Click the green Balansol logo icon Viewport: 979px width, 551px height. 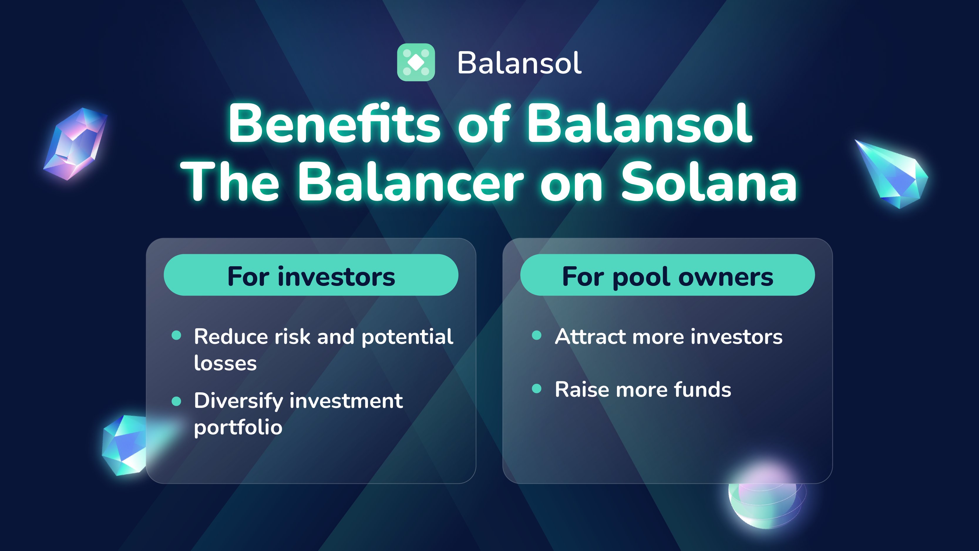[x=416, y=62]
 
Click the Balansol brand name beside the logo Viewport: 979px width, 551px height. [x=519, y=63]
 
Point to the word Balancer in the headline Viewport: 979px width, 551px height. [x=411, y=181]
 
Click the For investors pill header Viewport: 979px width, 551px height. [x=311, y=275]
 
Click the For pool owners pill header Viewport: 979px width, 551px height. [x=667, y=275]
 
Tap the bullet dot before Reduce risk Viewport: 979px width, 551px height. [x=176, y=335]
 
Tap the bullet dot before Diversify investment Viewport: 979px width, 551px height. [x=176, y=401]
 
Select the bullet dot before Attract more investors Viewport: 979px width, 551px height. [x=536, y=335]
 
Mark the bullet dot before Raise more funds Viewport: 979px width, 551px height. [x=536, y=388]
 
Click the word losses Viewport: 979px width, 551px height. [x=225, y=363]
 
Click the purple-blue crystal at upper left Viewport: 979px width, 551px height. [x=76, y=144]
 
